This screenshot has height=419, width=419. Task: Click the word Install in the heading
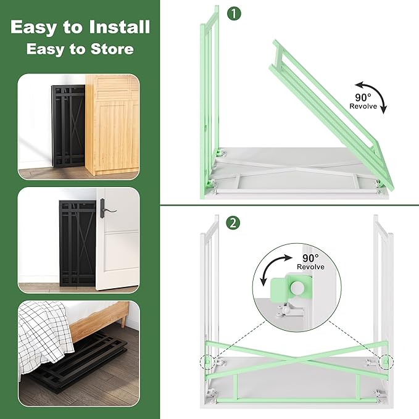coord(120,27)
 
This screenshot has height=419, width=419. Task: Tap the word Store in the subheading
coord(112,49)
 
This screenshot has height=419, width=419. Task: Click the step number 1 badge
coord(234,14)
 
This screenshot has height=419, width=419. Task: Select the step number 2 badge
coord(233,223)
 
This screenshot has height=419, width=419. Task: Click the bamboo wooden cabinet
coord(112,125)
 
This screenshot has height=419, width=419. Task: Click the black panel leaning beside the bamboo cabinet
coord(68,126)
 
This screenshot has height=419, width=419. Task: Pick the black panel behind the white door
coord(78,243)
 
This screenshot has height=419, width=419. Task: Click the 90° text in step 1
coord(363,97)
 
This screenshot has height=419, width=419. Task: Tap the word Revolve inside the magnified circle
coord(310,267)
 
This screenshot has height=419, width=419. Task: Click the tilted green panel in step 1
coord(331,115)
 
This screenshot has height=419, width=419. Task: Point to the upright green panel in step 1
coord(209,102)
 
